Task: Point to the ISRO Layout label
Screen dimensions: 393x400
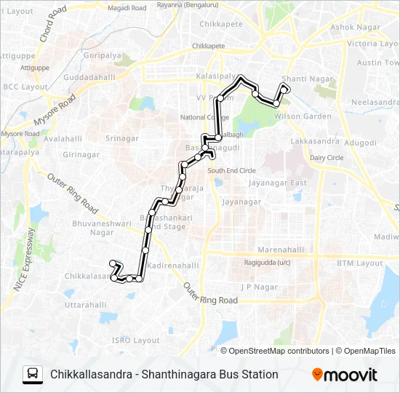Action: (135, 340)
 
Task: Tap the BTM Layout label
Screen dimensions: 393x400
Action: (364, 263)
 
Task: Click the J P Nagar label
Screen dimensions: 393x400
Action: (260, 287)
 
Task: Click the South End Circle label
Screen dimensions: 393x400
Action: (231, 170)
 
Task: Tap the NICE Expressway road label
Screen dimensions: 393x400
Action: (24, 260)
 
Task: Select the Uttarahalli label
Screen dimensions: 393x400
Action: (86, 305)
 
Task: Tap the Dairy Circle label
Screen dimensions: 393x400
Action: (327, 157)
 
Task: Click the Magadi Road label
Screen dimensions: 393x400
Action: (127, 7)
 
